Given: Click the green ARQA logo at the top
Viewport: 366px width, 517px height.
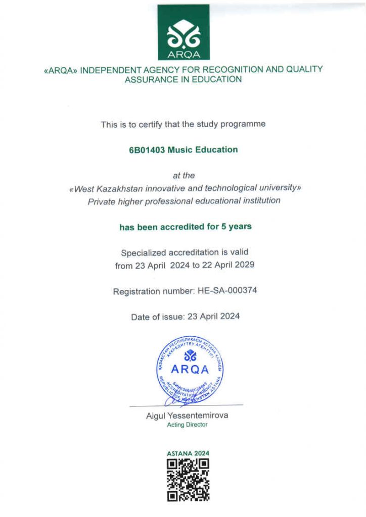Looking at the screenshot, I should point(183,32).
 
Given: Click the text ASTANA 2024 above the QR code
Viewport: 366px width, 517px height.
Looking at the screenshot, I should point(188,453).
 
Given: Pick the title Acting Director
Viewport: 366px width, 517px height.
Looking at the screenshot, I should point(187,425).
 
